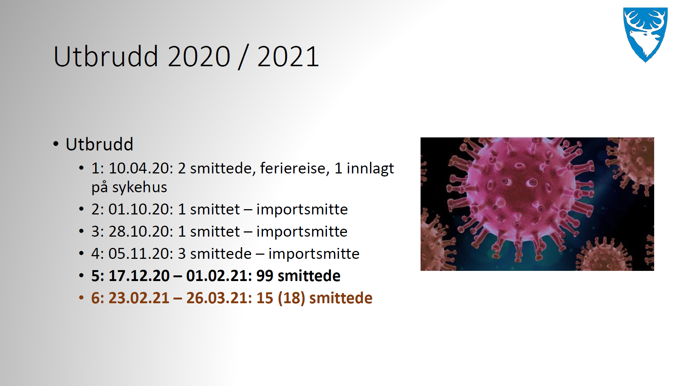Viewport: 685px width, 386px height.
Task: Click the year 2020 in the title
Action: [199, 56]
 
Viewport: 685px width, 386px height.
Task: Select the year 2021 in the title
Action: [288, 56]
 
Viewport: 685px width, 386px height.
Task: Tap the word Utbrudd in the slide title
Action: [106, 56]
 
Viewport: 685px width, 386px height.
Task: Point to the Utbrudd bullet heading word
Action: [99, 144]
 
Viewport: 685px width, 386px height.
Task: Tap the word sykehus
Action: [140, 187]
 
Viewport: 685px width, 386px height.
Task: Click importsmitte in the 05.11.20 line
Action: [314, 254]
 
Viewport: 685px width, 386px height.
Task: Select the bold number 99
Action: [265, 276]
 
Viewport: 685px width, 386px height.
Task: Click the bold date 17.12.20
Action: [139, 276]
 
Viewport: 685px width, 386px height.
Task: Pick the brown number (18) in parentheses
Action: [292, 298]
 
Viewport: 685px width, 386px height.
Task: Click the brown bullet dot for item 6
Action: [81, 298]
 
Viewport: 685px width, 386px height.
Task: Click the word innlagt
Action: [370, 169]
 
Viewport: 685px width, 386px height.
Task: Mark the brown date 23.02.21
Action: [130, 298]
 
